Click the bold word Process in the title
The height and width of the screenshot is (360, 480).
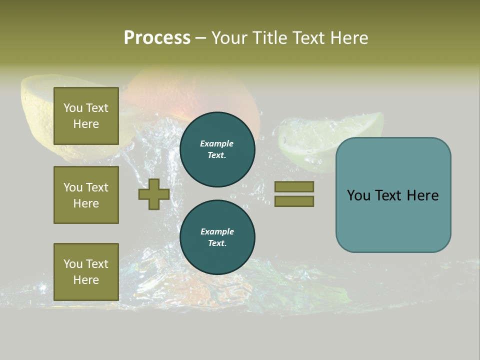pos(157,38)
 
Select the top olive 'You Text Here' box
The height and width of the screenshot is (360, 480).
pos(86,116)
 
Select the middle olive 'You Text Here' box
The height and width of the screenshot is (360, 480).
pos(86,195)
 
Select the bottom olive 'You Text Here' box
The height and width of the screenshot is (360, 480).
pos(86,272)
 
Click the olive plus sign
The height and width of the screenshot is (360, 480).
pos(154,194)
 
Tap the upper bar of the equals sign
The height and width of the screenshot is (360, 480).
pos(294,186)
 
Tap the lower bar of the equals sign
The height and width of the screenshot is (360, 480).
pos(294,201)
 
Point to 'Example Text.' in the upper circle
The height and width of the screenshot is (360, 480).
pos(217,149)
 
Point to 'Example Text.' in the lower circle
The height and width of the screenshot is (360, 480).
pos(217,237)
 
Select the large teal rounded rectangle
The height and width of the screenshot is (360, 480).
pos(393,225)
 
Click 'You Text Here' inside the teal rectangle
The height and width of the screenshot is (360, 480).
pos(393,195)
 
